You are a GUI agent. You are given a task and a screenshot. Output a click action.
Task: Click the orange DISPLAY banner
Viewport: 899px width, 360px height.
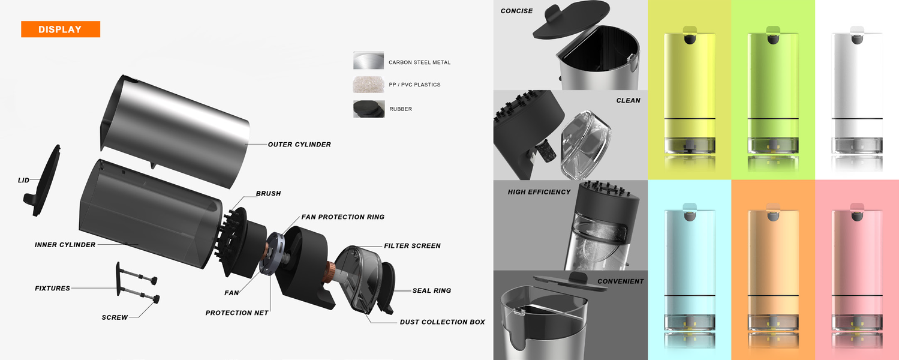pyautogui.click(x=61, y=29)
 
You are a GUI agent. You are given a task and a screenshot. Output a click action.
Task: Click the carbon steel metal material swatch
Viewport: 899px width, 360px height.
pyautogui.click(x=368, y=61)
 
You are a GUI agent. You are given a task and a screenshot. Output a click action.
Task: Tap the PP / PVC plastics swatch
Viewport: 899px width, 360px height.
pyautogui.click(x=368, y=85)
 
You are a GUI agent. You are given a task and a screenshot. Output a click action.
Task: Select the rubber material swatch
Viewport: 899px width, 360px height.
pyautogui.click(x=369, y=109)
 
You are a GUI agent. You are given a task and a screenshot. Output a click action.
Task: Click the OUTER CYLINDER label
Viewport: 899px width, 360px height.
pyautogui.click(x=299, y=145)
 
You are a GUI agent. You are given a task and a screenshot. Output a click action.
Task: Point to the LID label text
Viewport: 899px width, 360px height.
pyautogui.click(x=23, y=180)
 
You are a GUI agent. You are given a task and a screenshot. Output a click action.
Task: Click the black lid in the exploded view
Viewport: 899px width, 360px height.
pyautogui.click(x=43, y=181)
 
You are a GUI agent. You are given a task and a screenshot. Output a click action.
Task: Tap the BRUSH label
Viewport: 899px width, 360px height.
pyautogui.click(x=269, y=193)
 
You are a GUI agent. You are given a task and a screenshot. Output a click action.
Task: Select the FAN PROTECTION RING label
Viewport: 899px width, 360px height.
pyautogui.click(x=342, y=217)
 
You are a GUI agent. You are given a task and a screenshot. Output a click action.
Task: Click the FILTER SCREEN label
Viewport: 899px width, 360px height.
pyautogui.click(x=412, y=245)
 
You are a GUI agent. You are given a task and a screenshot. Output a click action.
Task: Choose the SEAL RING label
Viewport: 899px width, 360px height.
pyautogui.click(x=432, y=290)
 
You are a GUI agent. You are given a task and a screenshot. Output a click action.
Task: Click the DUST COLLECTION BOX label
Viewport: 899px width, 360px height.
pyautogui.click(x=442, y=322)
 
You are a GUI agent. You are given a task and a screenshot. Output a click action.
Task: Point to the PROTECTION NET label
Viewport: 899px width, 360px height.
pyautogui.click(x=237, y=313)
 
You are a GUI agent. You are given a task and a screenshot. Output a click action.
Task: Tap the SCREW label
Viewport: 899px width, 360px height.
pyautogui.click(x=115, y=317)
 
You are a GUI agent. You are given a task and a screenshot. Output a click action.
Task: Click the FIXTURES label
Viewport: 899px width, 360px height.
pyautogui.click(x=53, y=288)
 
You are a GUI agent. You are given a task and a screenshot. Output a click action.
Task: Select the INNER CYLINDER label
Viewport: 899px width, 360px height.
pyautogui.click(x=65, y=244)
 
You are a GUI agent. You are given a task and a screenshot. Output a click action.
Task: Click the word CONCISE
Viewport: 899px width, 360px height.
pyautogui.click(x=516, y=11)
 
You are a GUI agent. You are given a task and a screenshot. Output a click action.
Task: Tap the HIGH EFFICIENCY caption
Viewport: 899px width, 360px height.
pyautogui.click(x=539, y=192)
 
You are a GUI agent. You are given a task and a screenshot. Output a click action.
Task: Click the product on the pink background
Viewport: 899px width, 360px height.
pyautogui.click(x=857, y=277)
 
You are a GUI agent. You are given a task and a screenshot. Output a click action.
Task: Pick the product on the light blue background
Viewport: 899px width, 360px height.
pyautogui.click(x=690, y=277)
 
